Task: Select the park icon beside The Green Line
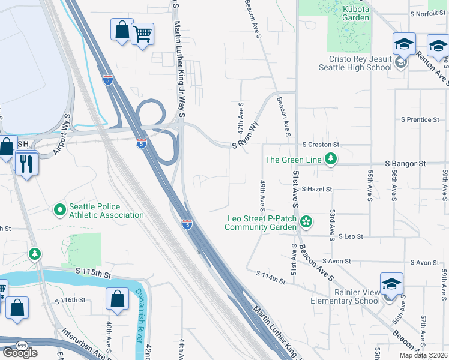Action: [330, 159]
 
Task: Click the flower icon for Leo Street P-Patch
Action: [306, 222]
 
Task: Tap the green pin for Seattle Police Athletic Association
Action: [59, 209]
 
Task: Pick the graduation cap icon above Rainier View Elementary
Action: [391, 284]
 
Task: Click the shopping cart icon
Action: [142, 34]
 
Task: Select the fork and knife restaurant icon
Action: [26, 163]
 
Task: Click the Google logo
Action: [20, 352]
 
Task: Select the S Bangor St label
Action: [405, 163]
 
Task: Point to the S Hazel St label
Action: [316, 189]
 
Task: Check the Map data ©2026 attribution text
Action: [423, 355]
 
